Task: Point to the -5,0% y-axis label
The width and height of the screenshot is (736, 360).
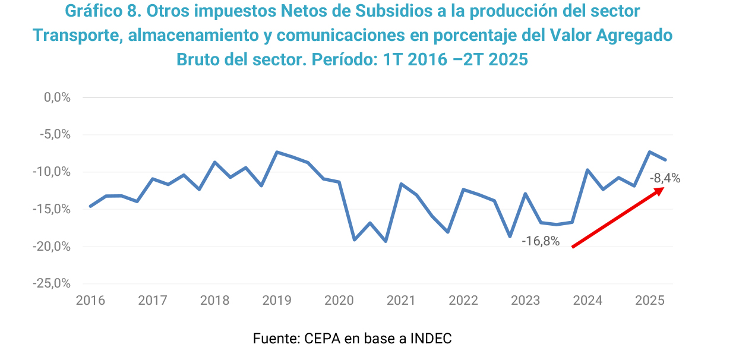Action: click(55, 135)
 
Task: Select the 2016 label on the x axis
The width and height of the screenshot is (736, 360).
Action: click(90, 301)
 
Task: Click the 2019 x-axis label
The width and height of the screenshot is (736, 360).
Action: click(277, 301)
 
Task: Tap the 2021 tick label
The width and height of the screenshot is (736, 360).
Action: click(401, 301)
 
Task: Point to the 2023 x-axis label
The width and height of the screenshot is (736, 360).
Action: click(525, 301)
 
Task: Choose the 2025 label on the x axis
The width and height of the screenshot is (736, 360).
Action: click(649, 301)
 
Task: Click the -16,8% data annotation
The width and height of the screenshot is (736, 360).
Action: click(541, 242)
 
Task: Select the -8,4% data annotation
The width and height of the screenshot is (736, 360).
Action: click(665, 178)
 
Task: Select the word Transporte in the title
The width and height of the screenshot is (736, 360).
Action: click(74, 35)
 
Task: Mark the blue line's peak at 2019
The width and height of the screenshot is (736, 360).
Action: click(277, 152)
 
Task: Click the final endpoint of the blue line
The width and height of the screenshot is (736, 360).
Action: click(666, 160)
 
